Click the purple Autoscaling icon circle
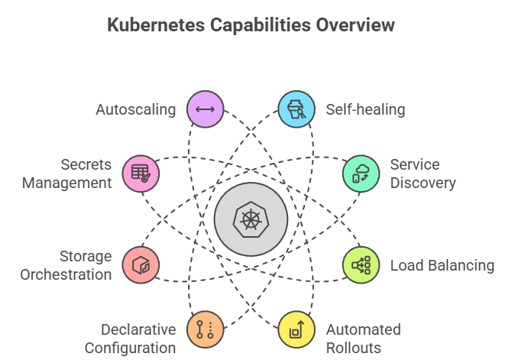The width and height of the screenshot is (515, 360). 205,109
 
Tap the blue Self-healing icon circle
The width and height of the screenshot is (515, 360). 294,109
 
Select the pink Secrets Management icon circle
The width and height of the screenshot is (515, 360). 141,173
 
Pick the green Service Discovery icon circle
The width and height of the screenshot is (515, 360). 358,173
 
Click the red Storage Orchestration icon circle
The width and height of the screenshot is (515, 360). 141,265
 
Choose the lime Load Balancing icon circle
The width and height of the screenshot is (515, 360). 359,265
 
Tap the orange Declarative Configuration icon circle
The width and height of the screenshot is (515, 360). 205,329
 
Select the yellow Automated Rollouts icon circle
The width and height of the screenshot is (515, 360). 294,329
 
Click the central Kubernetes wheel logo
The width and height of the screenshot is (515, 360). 251,220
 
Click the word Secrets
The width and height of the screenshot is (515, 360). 86,164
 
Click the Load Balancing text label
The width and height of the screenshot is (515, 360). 442,265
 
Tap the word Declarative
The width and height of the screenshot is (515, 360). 138,329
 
